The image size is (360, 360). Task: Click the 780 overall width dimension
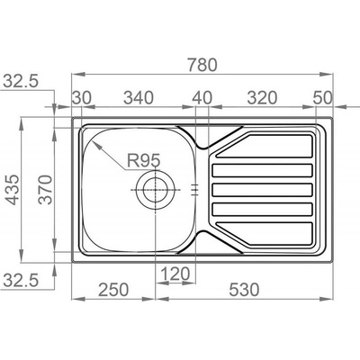[x=202, y=65]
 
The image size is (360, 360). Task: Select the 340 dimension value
[x=139, y=98]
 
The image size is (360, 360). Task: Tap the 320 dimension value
[x=262, y=98]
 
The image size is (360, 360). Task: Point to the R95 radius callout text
[x=144, y=160]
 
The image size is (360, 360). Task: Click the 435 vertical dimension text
[x=13, y=190]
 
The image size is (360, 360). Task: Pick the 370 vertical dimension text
[x=46, y=190]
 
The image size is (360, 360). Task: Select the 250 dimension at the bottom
[x=113, y=290]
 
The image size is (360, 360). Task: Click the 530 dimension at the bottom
[x=244, y=290]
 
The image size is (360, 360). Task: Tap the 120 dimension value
[x=175, y=274]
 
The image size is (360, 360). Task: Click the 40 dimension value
[x=202, y=98]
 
